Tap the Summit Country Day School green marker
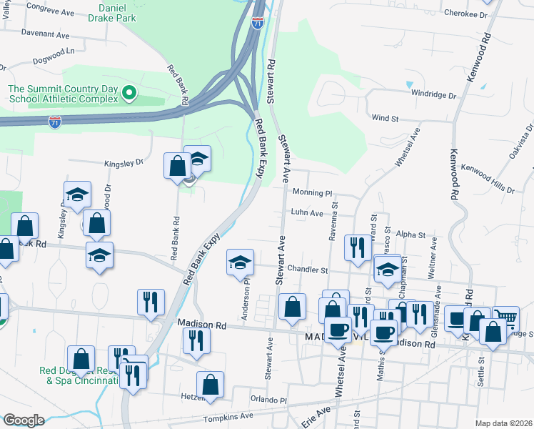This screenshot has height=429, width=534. pyautogui.click(x=129, y=92)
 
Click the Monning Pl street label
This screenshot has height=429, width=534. pyautogui.click(x=313, y=193)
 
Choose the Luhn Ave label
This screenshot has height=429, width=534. pyautogui.click(x=307, y=212)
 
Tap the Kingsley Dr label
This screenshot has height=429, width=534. pyautogui.click(x=124, y=163)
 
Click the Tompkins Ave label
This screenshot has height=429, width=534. pyautogui.click(x=228, y=415)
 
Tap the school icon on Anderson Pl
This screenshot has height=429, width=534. pyautogui.click(x=241, y=262)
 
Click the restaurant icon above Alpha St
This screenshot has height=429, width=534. pyautogui.click(x=356, y=247)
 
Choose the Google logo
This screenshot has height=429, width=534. pyautogui.click(x=24, y=420)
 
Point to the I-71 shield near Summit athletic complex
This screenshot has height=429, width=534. pyautogui.click(x=55, y=122)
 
